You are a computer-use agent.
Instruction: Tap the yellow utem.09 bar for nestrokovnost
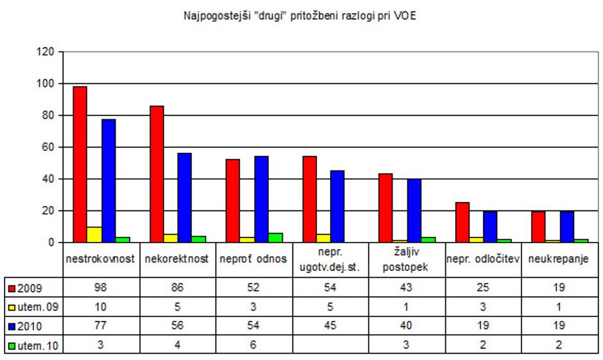tap(94, 235)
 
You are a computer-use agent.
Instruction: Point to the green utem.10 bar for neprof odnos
tap(276, 237)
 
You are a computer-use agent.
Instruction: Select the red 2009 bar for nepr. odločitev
tap(462, 222)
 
